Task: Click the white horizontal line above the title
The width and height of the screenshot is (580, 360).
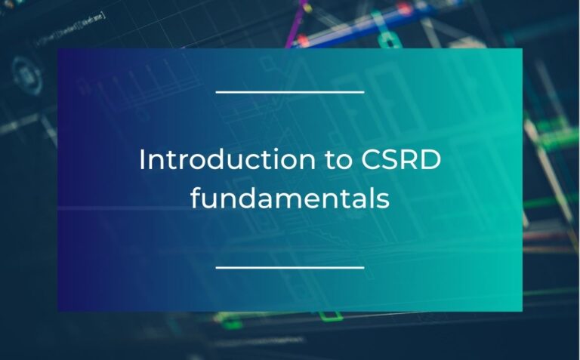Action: [290, 92]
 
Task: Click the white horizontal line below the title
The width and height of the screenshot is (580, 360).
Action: [290, 266]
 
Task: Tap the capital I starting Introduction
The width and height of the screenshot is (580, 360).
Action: [143, 160]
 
